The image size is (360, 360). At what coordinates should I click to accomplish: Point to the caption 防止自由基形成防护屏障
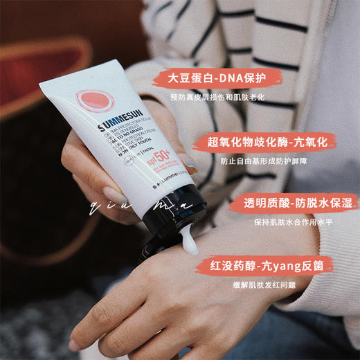[x=264, y=161]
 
